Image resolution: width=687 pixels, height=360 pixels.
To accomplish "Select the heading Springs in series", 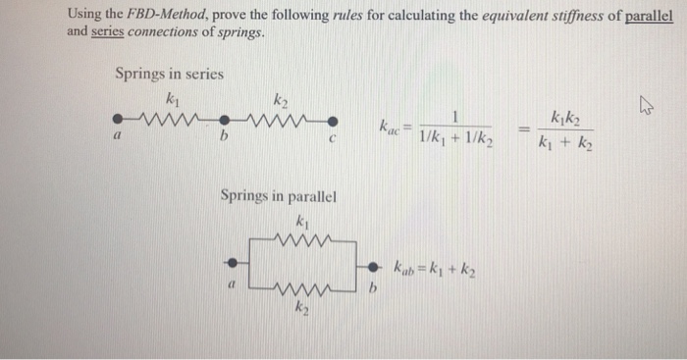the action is tap(169, 74).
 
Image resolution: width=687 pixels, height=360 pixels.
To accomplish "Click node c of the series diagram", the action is tap(334, 123).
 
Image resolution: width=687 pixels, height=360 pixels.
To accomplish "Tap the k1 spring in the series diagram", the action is tap(172, 123).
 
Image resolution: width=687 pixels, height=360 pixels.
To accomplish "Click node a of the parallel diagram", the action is tap(232, 263).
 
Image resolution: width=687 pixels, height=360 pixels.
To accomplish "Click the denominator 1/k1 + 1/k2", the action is tap(455, 139).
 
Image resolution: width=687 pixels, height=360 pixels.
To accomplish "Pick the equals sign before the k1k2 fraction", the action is tap(523, 128).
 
